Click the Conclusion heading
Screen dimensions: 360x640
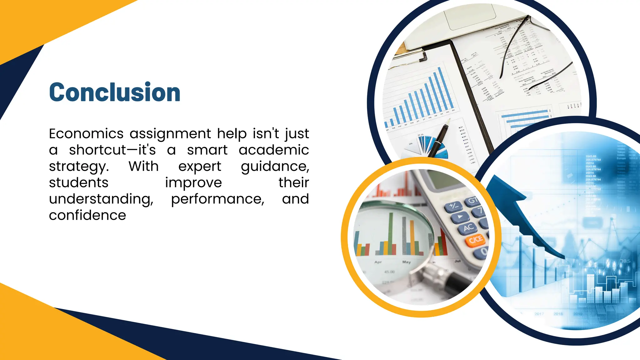coord(115,92)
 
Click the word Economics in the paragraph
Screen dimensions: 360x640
coord(86,134)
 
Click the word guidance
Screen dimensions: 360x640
coord(275,167)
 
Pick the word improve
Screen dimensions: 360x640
coord(193,183)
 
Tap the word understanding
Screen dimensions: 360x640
coord(101,199)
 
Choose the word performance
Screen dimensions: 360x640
coord(217,199)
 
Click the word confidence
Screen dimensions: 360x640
coord(87,215)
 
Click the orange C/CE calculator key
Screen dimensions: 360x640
coord(475,240)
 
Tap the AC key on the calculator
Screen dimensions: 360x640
coord(468,228)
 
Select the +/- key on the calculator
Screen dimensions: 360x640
coord(453,206)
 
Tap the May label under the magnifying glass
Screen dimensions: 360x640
coord(406,262)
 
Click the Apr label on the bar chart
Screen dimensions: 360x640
coord(378,262)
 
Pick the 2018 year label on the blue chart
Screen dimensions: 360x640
coord(558,314)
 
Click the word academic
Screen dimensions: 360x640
coord(274,150)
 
